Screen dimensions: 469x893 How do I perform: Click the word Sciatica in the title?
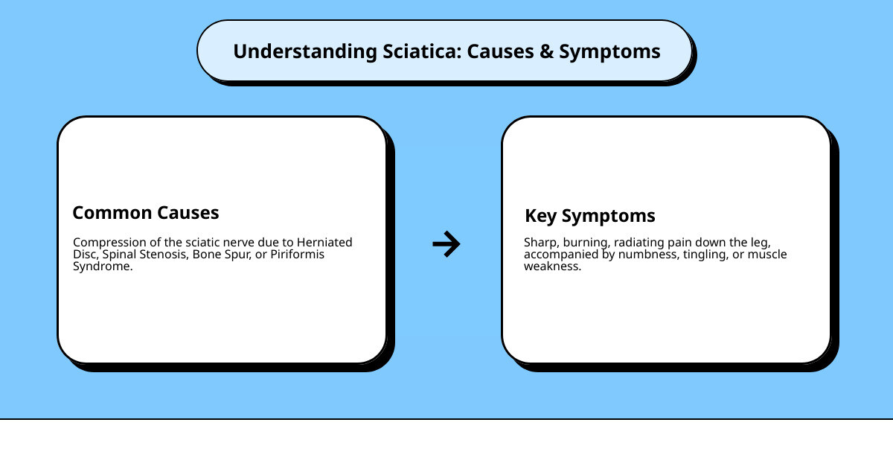point(420,51)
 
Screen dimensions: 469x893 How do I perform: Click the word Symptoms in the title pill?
point(609,51)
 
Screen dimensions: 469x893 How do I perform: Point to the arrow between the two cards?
point(446,243)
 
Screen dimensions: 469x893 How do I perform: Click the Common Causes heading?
point(146,213)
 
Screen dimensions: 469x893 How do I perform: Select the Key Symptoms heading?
point(590,216)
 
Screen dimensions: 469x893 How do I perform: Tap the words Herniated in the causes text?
point(324,242)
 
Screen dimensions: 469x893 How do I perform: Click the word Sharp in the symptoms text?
point(540,242)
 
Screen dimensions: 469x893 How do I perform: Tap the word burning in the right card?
point(586,242)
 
